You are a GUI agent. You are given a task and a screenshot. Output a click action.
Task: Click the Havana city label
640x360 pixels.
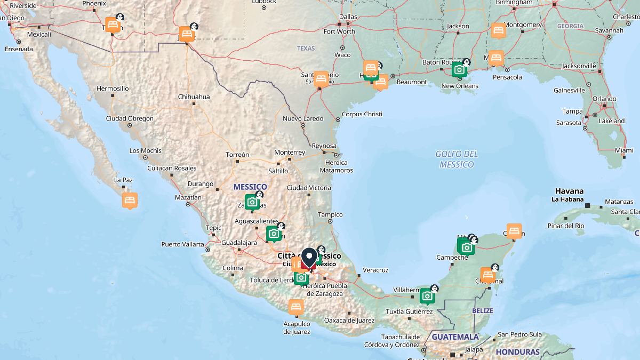(569, 191)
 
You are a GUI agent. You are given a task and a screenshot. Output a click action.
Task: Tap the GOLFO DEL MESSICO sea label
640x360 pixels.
(457, 159)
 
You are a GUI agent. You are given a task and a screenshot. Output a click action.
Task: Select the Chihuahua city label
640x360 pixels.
(194, 97)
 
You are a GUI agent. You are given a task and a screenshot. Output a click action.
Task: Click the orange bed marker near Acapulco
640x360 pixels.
(296, 307)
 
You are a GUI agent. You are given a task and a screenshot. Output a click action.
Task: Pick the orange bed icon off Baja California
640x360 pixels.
(130, 200)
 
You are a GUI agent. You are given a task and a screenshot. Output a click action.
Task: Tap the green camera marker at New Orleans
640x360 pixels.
(459, 70)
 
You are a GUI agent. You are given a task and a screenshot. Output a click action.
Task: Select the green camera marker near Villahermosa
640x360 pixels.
(427, 295)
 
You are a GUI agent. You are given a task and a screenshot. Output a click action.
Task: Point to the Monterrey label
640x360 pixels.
(290, 153)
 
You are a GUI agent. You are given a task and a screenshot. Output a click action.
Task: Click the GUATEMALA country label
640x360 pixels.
(455, 337)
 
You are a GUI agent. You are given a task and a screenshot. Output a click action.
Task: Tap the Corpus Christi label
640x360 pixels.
(362, 114)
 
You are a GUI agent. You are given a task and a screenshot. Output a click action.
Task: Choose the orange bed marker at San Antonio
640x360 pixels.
(321, 79)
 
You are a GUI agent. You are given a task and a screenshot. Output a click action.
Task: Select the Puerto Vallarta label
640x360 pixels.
(182, 244)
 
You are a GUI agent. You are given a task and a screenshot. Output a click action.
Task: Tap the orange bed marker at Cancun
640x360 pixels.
(514, 230)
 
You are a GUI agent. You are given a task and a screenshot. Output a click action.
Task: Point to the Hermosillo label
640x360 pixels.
(113, 89)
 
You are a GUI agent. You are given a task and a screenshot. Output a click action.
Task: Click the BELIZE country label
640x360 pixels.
(483, 310)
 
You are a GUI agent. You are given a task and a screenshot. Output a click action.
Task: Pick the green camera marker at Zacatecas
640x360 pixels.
(252, 202)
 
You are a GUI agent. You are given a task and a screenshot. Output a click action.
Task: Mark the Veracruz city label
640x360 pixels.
(375, 270)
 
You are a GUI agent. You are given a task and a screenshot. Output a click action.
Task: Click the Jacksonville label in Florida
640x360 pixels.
(579, 66)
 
